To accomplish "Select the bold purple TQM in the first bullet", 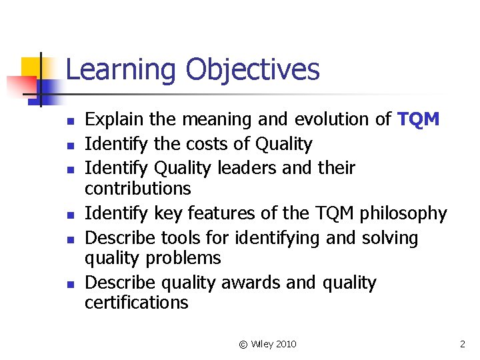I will click(418, 119).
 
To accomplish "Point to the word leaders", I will click(227, 168).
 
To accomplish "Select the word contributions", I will click(137, 189).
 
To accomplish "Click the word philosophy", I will click(403, 213).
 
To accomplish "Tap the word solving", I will click(387, 238).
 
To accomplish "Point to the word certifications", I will click(137, 303).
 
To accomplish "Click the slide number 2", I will click(462, 344).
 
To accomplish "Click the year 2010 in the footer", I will click(285, 344).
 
